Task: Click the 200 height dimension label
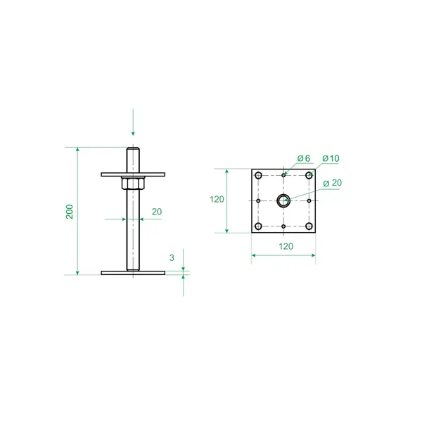click(x=70, y=212)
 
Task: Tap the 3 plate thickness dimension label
click(x=172, y=258)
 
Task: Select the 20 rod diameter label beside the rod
click(x=157, y=212)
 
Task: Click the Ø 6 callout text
click(x=304, y=158)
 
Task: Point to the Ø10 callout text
click(x=331, y=158)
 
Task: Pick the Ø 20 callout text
click(x=333, y=183)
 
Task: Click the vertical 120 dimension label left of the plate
click(x=217, y=200)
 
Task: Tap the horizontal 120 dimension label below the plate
click(x=286, y=246)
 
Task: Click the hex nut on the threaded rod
click(x=133, y=184)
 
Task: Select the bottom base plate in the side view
click(x=133, y=273)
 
